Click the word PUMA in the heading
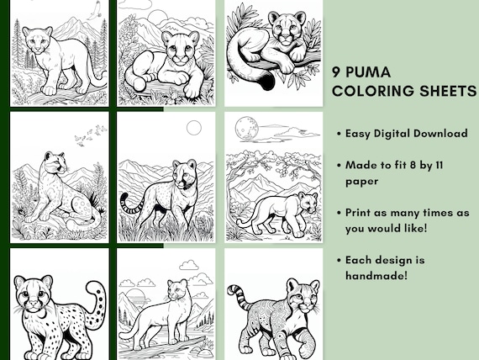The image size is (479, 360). click(x=368, y=72)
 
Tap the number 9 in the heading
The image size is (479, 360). click(x=336, y=72)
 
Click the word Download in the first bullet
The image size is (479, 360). click(x=440, y=134)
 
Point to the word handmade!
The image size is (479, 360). click(x=376, y=276)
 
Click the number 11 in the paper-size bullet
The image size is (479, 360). click(x=439, y=165)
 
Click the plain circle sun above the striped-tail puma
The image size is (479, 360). click(x=194, y=128)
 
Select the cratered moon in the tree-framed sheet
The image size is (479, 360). click(x=246, y=130)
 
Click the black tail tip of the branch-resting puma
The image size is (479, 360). click(x=267, y=82)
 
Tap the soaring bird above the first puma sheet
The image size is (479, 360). click(x=95, y=10)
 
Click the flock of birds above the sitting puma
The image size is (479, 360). click(x=91, y=135)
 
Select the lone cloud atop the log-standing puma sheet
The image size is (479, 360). click(x=189, y=265)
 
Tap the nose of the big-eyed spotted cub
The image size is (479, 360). click(x=33, y=305)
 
